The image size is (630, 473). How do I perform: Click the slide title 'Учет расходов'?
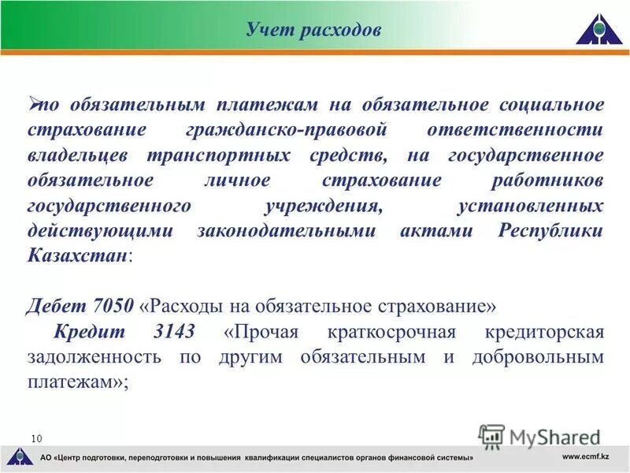pos(313,30)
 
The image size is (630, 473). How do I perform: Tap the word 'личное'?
pos(237,181)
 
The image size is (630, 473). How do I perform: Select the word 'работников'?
pos(548,181)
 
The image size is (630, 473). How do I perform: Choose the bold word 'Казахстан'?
pos(77,257)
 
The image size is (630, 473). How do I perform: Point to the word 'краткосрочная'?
pos(392,331)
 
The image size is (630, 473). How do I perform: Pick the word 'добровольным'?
pos(538,356)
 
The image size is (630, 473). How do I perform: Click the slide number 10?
pos(36,438)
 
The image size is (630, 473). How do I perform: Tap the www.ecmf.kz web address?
pos(587,457)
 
